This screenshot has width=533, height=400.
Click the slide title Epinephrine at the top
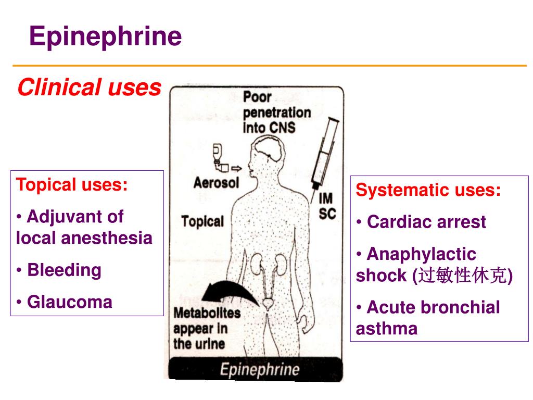point(105,37)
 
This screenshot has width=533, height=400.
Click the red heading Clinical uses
point(89,87)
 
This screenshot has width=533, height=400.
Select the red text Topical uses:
point(72,185)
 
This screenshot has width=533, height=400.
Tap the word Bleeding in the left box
point(64,270)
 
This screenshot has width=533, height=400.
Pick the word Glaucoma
point(69,302)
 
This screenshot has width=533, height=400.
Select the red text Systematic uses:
point(428,190)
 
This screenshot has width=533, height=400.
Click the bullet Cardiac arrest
point(426,222)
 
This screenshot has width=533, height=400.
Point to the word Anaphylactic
point(421,254)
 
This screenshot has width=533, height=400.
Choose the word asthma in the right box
point(387,329)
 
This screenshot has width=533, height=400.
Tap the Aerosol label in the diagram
point(216,183)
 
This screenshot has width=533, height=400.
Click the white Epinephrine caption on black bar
point(259,370)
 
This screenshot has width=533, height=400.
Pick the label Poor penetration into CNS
point(269,112)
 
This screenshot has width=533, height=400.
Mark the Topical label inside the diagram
point(202,221)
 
